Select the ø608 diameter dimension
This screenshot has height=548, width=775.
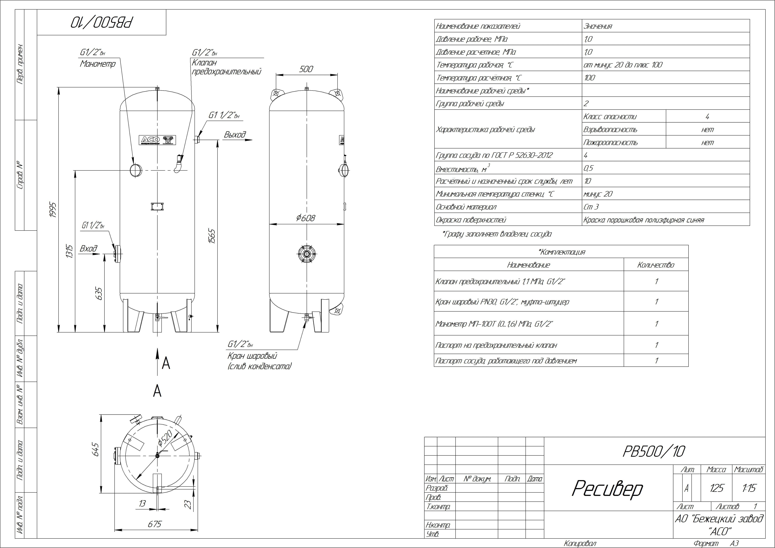(x=306, y=218)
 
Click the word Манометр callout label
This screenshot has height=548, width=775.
(x=98, y=64)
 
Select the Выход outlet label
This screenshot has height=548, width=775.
(x=235, y=135)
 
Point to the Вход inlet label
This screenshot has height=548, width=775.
(x=88, y=249)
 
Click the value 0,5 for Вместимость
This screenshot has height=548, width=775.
(x=588, y=168)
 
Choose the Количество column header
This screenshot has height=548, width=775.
(x=656, y=265)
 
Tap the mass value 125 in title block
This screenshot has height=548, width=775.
(x=716, y=488)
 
